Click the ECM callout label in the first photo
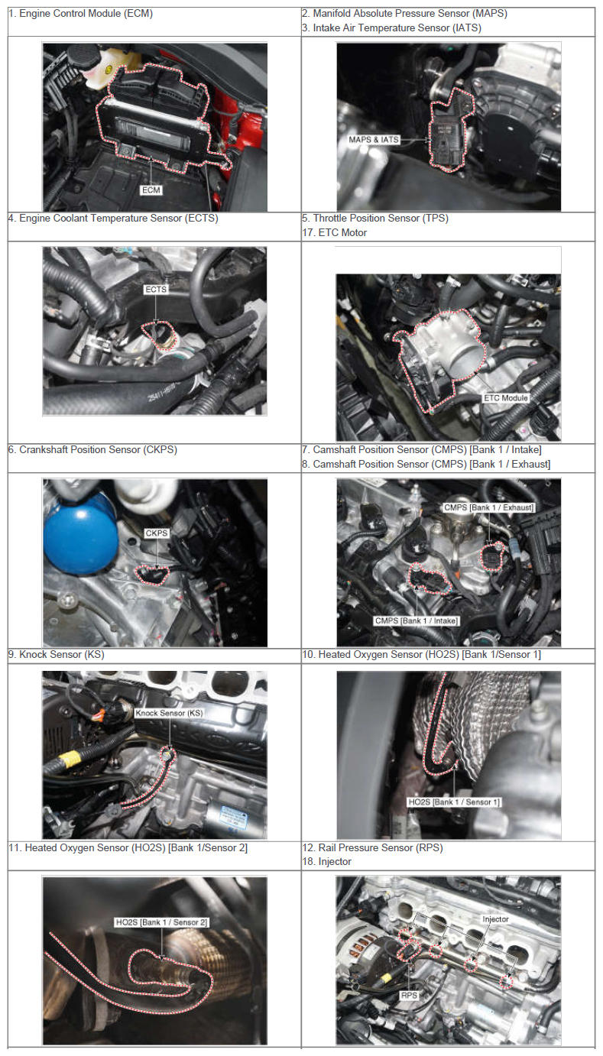pyautogui.click(x=151, y=190)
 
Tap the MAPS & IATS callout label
pyautogui.click(x=374, y=140)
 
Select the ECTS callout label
pyautogui.click(x=156, y=289)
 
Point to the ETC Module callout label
pyautogui.click(x=505, y=398)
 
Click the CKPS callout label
pyautogui.click(x=157, y=533)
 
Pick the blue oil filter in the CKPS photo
pyautogui.click(x=80, y=539)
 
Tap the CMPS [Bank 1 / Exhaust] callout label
pyautogui.click(x=488, y=507)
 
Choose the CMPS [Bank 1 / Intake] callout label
pyautogui.click(x=417, y=621)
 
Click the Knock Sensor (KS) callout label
pyautogui.click(x=169, y=713)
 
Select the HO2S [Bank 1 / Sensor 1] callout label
pyautogui.click(x=453, y=802)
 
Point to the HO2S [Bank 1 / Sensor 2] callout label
pyautogui.click(x=161, y=922)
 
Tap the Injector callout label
pyautogui.click(x=495, y=919)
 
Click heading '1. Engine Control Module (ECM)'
pyautogui.click(x=80, y=14)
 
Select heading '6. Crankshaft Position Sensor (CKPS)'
pyautogui.click(x=93, y=450)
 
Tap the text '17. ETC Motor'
pyautogui.click(x=334, y=232)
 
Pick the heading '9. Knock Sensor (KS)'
pyautogui.click(x=57, y=654)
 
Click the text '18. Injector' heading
pyautogui.click(x=327, y=861)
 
